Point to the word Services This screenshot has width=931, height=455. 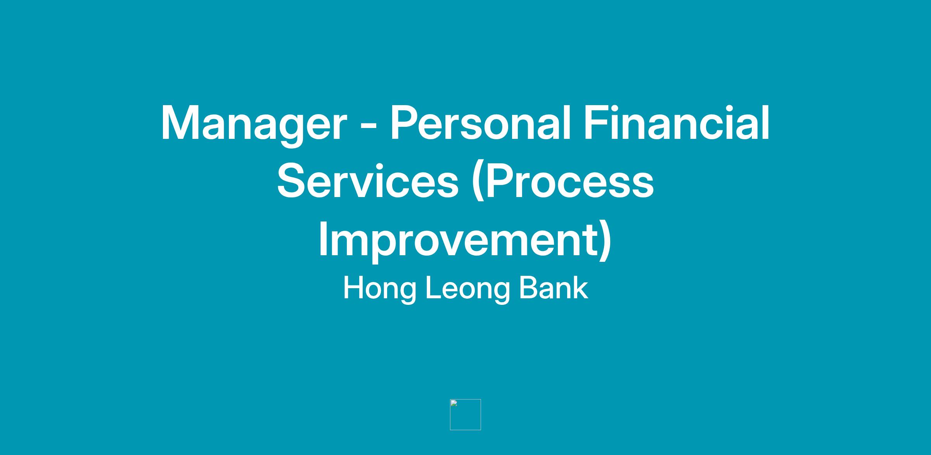368,181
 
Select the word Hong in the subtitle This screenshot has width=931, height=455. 379,289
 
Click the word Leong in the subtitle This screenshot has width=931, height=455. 467,289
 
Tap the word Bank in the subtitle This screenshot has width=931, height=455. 554,288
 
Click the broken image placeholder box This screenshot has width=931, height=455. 465,414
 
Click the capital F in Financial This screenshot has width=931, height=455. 596,122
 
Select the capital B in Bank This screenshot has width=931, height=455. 529,288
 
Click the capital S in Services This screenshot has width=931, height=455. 292,181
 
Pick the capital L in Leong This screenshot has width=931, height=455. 434,288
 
